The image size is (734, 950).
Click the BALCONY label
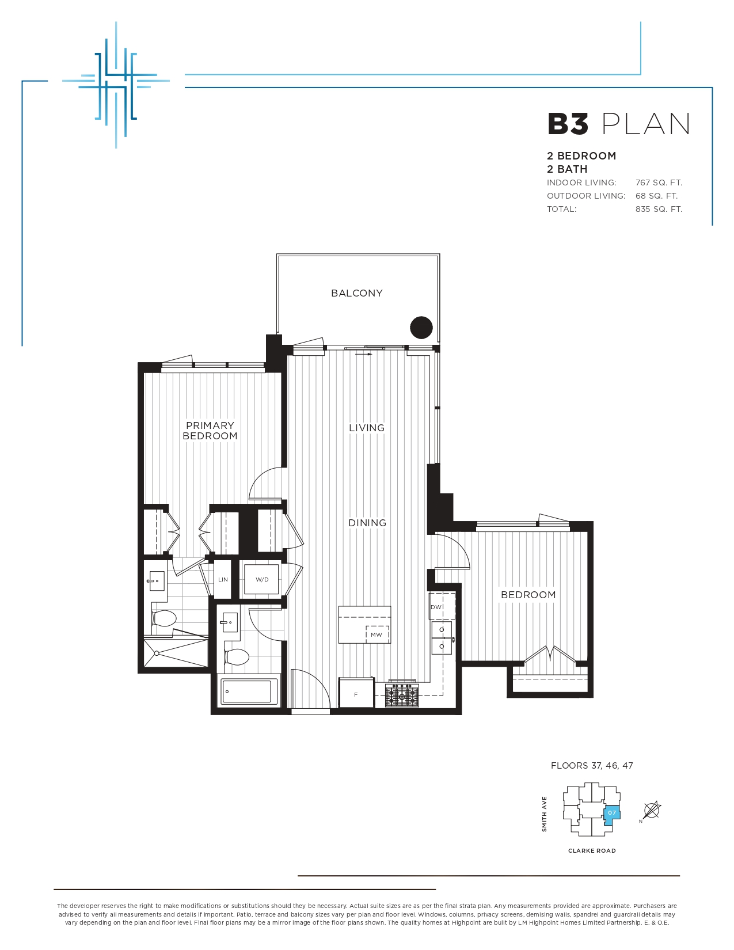pyautogui.click(x=357, y=293)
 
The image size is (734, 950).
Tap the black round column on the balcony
pyautogui.click(x=421, y=328)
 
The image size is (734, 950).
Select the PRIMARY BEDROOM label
pyautogui.click(x=210, y=431)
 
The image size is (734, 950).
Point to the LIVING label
pyautogui.click(x=367, y=428)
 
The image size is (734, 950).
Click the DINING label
pyautogui.click(x=367, y=522)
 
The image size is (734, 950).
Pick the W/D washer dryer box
pyautogui.click(x=261, y=579)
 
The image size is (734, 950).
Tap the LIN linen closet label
pyautogui.click(x=223, y=579)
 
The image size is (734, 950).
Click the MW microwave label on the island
pyautogui.click(x=376, y=634)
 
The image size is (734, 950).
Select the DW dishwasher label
pyautogui.click(x=436, y=607)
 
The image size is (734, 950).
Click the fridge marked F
pyautogui.click(x=357, y=694)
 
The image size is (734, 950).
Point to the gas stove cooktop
pyautogui.click(x=402, y=695)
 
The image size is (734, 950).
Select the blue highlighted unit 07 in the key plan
pyautogui.click(x=611, y=813)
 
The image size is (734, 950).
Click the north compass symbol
pyautogui.click(x=651, y=810)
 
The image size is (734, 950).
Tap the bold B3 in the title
pyautogui.click(x=568, y=124)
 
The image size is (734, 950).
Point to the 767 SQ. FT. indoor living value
pyautogui.click(x=659, y=183)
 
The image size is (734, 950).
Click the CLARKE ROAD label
pyautogui.click(x=592, y=850)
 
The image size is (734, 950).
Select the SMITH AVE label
pyautogui.click(x=544, y=814)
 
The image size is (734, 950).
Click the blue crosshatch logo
pyautogui.click(x=116, y=85)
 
